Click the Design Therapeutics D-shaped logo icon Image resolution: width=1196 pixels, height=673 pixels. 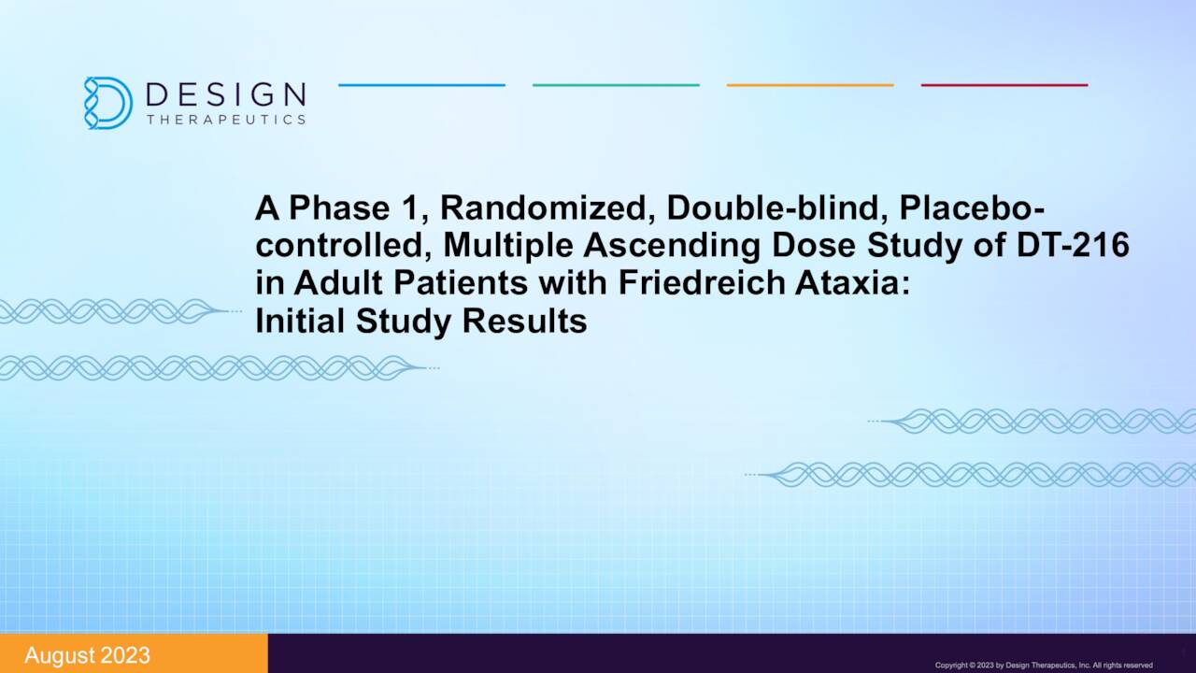[x=107, y=102]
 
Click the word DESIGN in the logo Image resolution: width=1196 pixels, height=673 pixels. [x=226, y=94]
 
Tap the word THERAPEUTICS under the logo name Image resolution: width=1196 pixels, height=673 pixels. [x=226, y=120]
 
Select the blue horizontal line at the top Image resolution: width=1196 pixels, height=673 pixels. [x=421, y=85]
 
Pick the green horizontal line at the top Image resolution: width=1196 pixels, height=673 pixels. [x=616, y=85]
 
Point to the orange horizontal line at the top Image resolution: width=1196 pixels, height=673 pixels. [x=810, y=85]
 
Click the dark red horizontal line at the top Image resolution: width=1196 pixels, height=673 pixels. [x=1004, y=85]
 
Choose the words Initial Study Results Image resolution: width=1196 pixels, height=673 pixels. [x=420, y=321]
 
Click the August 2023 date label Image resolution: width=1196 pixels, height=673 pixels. [x=87, y=655]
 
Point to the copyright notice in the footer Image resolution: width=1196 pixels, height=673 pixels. [x=1044, y=665]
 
